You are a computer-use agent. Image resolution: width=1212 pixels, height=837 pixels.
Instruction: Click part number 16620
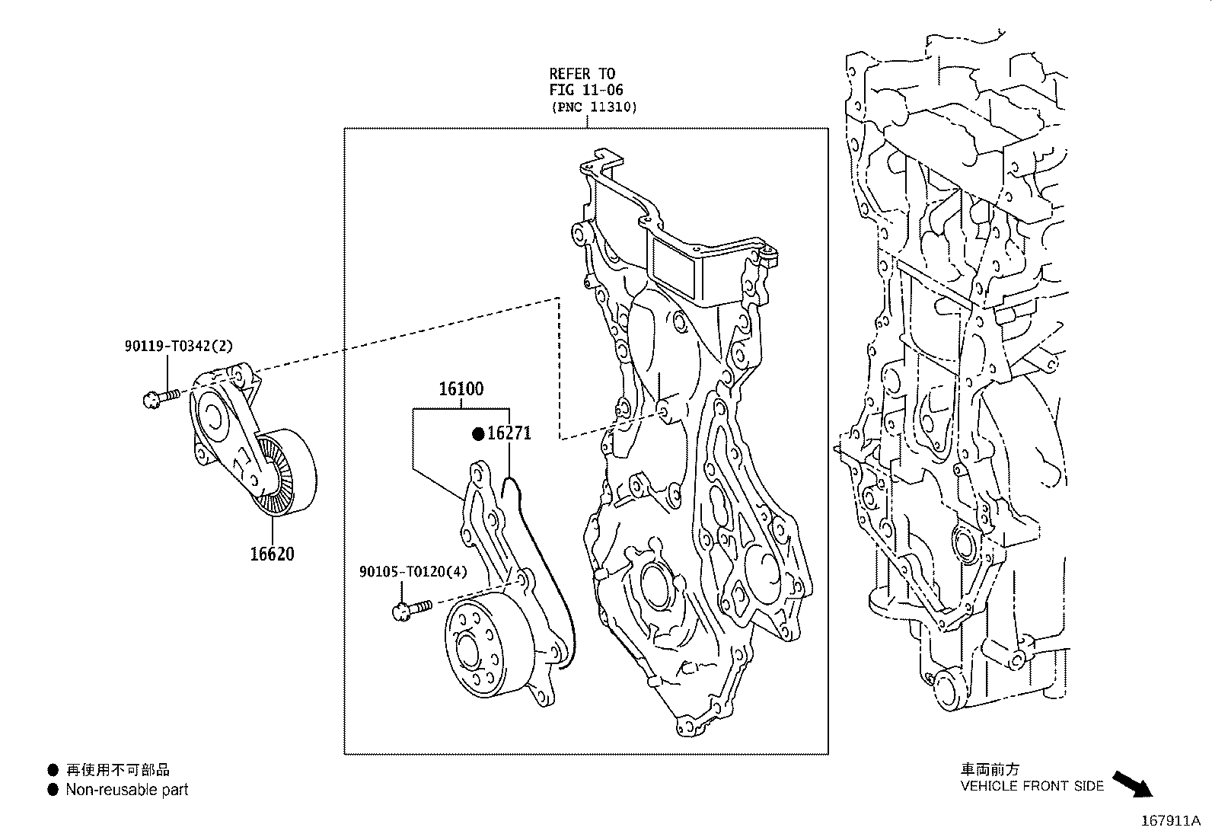(272, 554)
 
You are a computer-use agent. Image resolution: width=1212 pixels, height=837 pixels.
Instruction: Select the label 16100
(461, 389)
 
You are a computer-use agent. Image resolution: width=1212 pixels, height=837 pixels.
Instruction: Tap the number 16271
(509, 433)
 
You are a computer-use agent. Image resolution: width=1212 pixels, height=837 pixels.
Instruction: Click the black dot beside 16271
(478, 434)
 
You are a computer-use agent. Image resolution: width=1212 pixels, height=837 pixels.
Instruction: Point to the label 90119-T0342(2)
(179, 346)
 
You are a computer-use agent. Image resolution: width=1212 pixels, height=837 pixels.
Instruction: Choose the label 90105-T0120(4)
(413, 571)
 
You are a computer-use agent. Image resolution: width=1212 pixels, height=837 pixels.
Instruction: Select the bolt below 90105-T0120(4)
(410, 609)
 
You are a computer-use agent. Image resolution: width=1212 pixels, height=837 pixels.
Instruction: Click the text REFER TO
(582, 74)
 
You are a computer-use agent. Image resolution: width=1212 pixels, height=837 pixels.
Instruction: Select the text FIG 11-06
(586, 90)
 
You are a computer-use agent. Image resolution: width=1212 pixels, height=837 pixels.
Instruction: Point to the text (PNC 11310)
(594, 107)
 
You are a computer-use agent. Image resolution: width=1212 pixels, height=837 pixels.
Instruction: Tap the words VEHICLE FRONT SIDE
(1032, 786)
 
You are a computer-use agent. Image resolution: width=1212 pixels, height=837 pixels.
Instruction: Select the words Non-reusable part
(126, 790)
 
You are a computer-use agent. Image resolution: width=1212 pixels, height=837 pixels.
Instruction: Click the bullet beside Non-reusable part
(53, 790)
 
